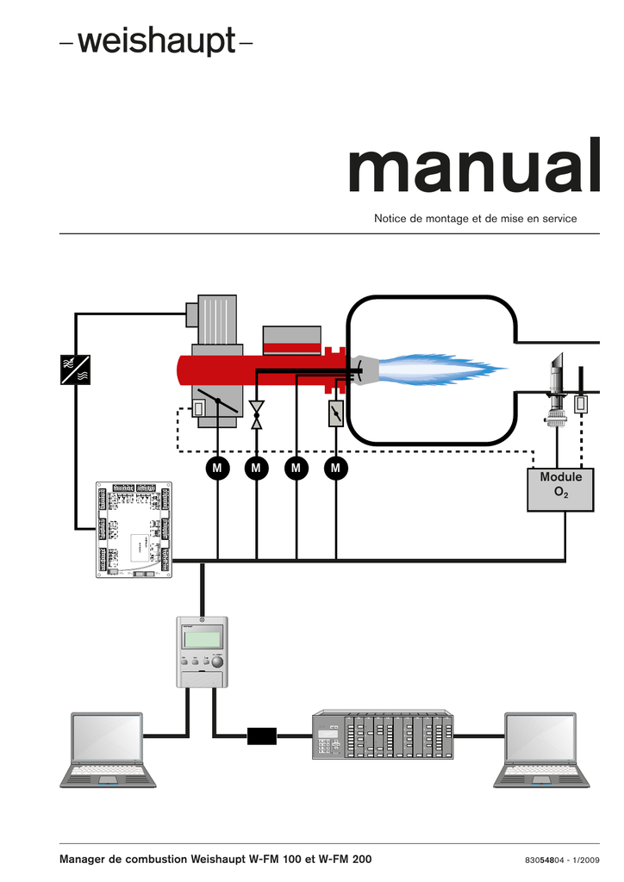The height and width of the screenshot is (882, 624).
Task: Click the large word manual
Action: (x=473, y=169)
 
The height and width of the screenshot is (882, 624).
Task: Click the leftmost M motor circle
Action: (x=217, y=468)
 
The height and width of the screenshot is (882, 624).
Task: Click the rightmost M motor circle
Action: (x=335, y=468)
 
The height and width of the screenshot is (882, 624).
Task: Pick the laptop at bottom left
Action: (x=108, y=749)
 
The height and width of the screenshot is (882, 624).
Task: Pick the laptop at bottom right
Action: (x=540, y=749)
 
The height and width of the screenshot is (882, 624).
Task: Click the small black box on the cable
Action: (x=261, y=736)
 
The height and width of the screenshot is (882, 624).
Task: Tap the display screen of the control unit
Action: (x=201, y=640)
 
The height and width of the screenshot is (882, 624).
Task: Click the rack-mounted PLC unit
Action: (x=381, y=736)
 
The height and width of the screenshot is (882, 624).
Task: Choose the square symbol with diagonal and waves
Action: (x=76, y=370)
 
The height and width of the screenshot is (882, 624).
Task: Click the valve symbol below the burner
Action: (x=256, y=414)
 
